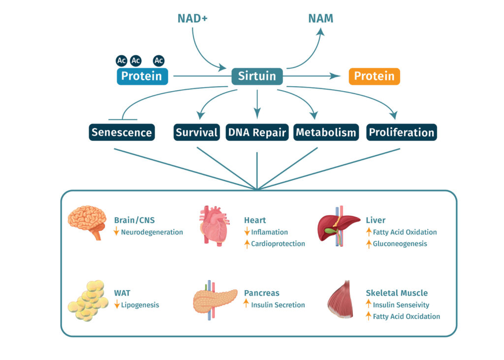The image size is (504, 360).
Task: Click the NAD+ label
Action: (192, 18)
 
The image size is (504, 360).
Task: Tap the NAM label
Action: (320, 18)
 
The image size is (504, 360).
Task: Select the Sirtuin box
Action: (257, 76)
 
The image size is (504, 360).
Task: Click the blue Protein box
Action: (142, 76)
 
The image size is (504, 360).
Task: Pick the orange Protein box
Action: (374, 76)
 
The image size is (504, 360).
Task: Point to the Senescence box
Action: (122, 132)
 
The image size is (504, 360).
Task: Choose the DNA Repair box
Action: (257, 132)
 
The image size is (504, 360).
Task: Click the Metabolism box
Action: (326, 132)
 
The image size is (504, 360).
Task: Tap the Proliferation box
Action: (402, 132)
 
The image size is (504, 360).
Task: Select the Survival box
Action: (197, 132)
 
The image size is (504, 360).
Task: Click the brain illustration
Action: (88, 223)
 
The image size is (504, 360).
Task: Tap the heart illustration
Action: (214, 226)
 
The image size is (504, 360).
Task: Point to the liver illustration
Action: (338, 226)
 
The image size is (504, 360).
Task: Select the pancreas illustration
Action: (215, 300)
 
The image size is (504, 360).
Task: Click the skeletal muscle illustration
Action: (341, 299)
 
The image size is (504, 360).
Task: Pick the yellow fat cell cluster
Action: (88, 301)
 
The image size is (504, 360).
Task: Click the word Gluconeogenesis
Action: (400, 244)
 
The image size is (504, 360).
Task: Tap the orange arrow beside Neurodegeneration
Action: (116, 231)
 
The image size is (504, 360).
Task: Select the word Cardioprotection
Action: (278, 244)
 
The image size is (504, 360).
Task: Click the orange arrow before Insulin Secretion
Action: (246, 303)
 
